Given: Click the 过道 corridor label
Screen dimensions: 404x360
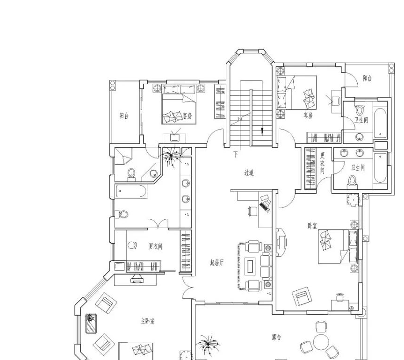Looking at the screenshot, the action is [249, 173].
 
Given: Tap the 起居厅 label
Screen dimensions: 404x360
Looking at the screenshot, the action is [217, 263].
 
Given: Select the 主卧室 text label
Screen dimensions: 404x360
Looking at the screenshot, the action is [148, 321].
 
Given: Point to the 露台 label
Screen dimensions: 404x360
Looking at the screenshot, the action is [276, 337].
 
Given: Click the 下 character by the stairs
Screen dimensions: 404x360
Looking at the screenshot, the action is [236, 154].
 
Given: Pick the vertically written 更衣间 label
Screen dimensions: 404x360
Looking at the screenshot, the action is [322, 163].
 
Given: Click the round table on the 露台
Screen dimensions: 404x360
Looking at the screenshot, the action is [321, 342].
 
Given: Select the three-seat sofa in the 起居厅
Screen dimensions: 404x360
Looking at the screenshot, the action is [266, 266].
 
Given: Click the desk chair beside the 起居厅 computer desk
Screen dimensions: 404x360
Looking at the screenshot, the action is [252, 211].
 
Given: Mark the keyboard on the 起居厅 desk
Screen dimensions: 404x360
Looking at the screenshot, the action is [264, 207].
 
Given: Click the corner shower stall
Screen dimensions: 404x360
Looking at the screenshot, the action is [123, 156].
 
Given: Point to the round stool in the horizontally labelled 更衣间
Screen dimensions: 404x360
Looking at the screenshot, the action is [132, 245].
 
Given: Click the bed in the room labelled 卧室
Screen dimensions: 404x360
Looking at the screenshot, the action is [338, 246].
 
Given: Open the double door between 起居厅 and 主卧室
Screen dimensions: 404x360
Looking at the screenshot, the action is [188, 288].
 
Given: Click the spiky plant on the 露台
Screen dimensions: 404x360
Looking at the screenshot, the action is [208, 344].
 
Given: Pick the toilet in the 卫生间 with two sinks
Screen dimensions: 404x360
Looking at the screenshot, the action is [352, 181].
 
